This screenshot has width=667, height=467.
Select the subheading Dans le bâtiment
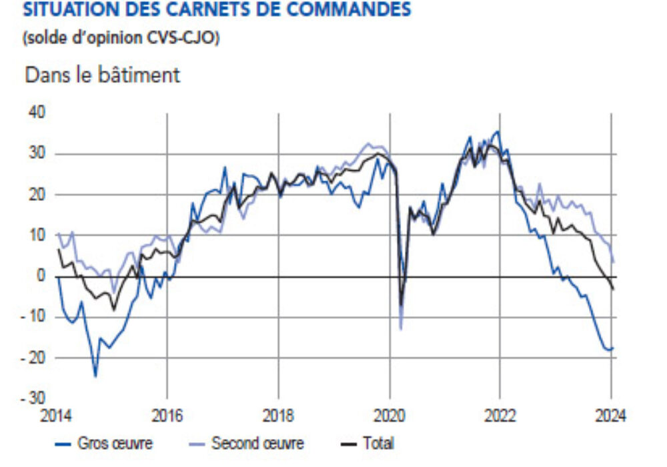(x=102, y=75)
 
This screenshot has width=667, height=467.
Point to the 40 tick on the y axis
(x=37, y=113)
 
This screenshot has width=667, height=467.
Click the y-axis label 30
(x=37, y=153)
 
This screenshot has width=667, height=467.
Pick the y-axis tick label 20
(x=37, y=195)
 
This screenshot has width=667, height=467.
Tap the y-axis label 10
(x=37, y=236)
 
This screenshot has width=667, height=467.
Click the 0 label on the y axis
(x=41, y=276)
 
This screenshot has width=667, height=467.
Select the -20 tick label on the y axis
(x=34, y=358)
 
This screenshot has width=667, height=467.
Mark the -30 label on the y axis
(x=34, y=398)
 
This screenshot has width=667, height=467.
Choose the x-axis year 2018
(x=279, y=417)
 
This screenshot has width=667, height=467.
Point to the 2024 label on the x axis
(x=610, y=417)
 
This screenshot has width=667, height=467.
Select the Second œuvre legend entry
(x=257, y=443)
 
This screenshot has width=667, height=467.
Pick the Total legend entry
(x=378, y=443)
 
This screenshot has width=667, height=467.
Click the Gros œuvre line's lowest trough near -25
(x=95, y=376)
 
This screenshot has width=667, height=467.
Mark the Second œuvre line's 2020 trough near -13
(x=401, y=328)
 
